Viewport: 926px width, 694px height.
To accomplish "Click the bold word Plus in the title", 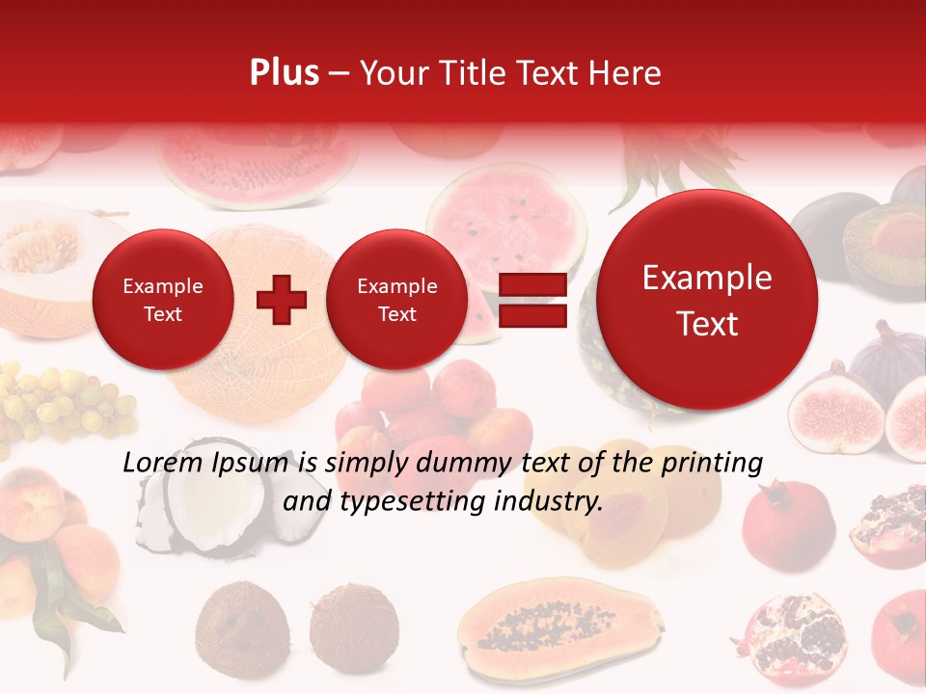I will [284, 73].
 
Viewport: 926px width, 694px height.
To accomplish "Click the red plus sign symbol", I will [282, 300].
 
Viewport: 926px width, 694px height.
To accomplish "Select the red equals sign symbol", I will [532, 300].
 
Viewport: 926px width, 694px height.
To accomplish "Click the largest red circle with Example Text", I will [707, 301].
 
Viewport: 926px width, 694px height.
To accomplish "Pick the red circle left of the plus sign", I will [162, 300].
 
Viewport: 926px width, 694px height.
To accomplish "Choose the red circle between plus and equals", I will [396, 300].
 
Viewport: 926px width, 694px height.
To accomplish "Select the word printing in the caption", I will [713, 464].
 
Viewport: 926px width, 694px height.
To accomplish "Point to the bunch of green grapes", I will [58, 400].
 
